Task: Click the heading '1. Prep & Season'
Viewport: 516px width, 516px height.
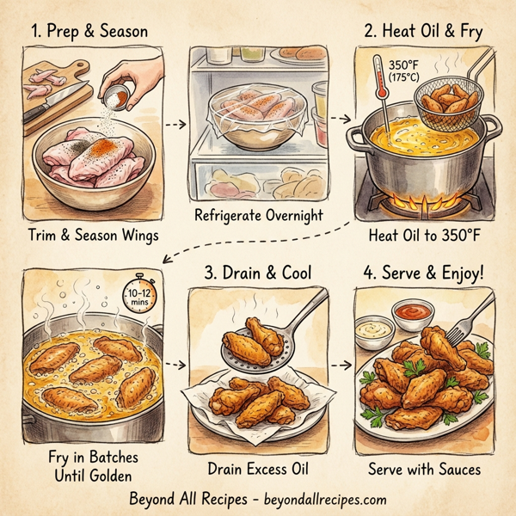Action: point(90,31)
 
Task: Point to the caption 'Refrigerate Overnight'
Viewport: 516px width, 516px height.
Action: point(258,215)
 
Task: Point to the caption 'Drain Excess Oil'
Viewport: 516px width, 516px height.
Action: point(258,470)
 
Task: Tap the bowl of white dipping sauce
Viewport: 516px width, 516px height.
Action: point(373,331)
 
